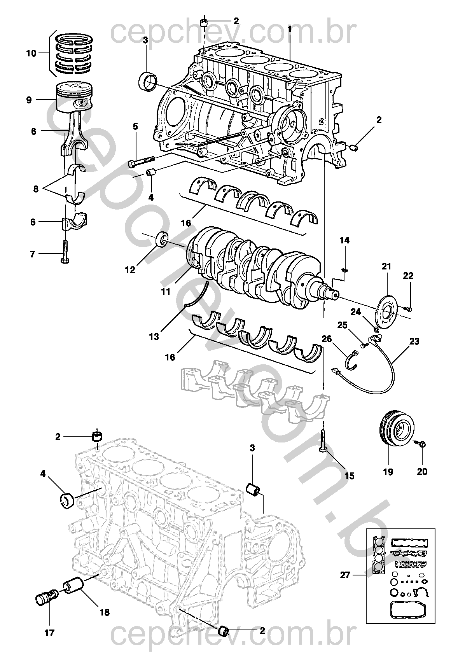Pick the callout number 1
click(289, 29)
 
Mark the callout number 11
click(166, 291)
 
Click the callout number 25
click(342, 325)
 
